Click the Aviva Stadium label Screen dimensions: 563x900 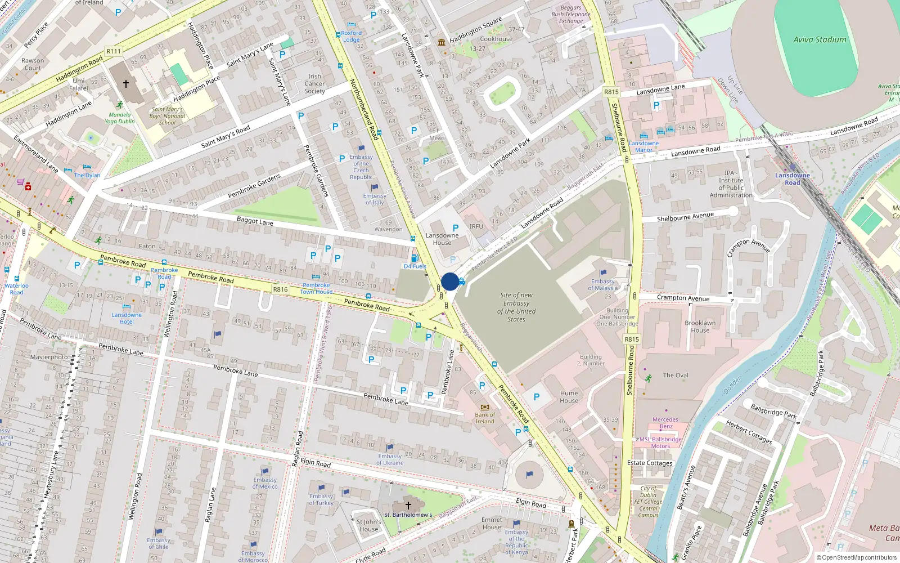click(x=820, y=40)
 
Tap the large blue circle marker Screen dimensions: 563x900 click(x=450, y=281)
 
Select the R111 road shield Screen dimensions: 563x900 click(x=114, y=51)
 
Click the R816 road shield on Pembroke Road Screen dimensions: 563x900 click(x=280, y=289)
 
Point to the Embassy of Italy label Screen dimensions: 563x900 click(x=375, y=199)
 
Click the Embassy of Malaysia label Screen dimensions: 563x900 click(x=602, y=285)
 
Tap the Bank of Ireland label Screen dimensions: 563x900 click(x=485, y=418)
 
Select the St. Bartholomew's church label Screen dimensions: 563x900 click(x=408, y=515)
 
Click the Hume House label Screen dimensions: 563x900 click(x=569, y=397)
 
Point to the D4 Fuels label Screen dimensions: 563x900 click(x=415, y=266)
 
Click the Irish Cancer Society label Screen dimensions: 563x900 click(x=314, y=84)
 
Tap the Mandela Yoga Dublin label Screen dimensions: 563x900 click(x=119, y=118)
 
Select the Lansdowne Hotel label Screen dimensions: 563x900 click(x=127, y=318)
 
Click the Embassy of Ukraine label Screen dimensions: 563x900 click(x=390, y=459)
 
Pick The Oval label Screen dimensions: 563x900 click(x=675, y=376)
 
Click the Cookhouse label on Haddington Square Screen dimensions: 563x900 click(x=496, y=39)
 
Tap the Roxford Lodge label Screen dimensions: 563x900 click(x=351, y=37)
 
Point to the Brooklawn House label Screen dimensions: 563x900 click(x=700, y=327)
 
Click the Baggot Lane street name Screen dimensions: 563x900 click(x=254, y=221)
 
